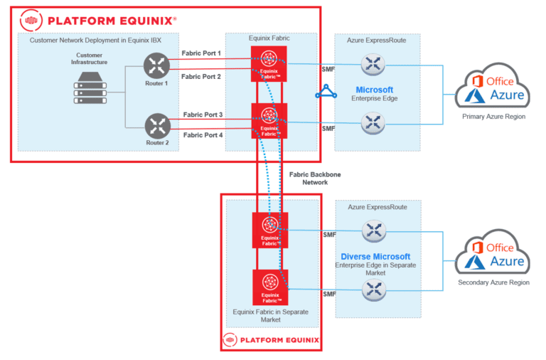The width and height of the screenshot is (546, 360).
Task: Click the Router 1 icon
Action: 156,67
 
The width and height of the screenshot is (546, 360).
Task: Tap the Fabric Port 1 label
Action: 202,53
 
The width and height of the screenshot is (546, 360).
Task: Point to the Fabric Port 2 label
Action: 202,76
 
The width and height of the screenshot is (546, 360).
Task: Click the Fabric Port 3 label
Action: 203,114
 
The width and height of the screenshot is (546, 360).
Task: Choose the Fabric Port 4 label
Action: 203,134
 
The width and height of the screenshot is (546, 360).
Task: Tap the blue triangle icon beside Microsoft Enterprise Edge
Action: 326,91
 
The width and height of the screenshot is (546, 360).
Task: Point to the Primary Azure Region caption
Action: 493,116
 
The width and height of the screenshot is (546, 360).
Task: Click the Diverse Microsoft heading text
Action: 375,256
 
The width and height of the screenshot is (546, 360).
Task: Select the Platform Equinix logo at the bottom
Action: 270,339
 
